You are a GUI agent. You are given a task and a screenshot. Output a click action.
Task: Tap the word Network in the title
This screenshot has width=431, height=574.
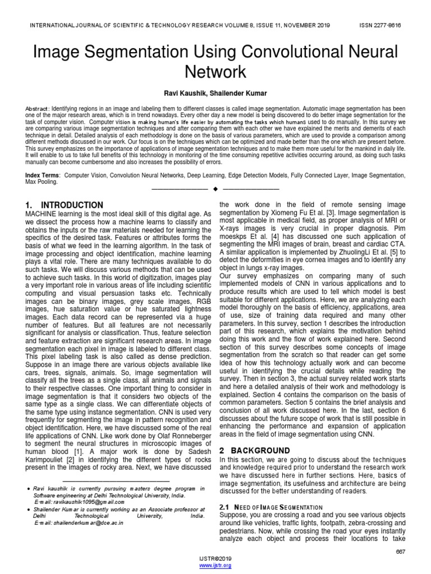(215, 72)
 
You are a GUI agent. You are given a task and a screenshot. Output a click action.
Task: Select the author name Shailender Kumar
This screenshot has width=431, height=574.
(240, 93)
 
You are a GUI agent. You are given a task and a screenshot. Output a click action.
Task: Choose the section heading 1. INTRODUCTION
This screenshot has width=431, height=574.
(65, 205)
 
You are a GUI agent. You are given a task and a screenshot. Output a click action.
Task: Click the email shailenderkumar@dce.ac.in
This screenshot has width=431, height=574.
(79, 523)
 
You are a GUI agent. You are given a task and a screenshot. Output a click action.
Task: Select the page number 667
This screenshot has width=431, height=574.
(400, 552)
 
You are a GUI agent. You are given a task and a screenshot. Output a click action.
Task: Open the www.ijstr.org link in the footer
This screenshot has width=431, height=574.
(215, 566)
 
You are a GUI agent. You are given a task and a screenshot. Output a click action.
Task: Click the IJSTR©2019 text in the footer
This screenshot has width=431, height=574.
(215, 559)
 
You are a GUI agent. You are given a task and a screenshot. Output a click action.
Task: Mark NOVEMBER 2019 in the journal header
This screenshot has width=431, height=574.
(301, 25)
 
